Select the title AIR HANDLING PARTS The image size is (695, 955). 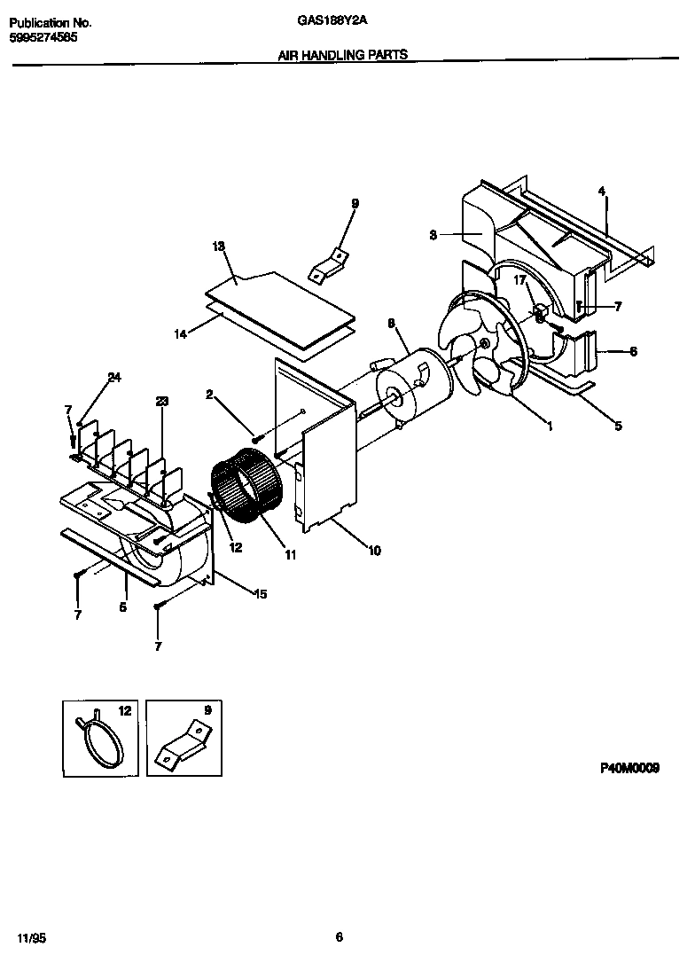click(343, 55)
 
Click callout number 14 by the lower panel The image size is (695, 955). click(183, 334)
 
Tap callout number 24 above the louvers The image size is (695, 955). click(113, 378)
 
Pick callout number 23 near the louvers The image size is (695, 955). click(161, 401)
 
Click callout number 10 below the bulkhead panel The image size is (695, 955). click(374, 551)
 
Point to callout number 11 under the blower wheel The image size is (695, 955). click(290, 555)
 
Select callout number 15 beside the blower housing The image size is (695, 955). click(262, 593)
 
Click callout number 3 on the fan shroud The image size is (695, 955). click(433, 235)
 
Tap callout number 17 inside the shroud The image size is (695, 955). click(521, 280)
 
